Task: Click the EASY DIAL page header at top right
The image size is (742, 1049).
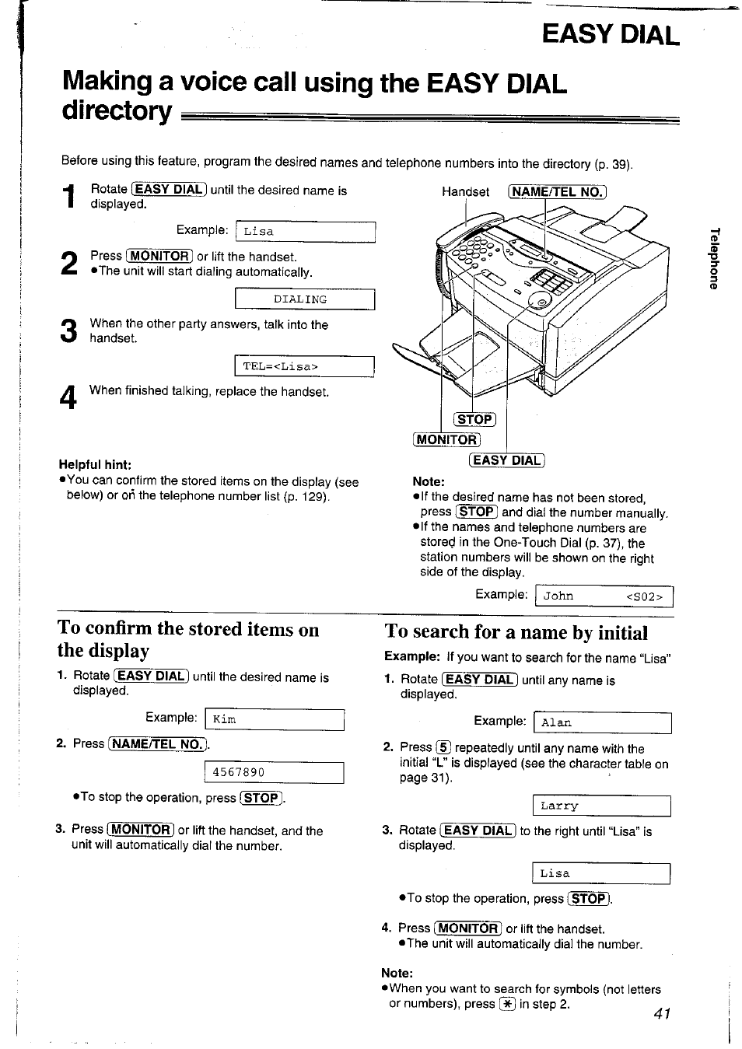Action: click(611, 33)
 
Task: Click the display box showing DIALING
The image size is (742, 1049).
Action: click(304, 299)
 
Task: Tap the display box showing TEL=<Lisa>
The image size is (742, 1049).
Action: click(304, 366)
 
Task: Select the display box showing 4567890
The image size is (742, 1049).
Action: click(273, 773)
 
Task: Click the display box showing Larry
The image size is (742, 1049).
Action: click(601, 806)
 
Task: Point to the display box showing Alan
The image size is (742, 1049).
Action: click(602, 723)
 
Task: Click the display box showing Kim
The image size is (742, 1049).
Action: click(274, 719)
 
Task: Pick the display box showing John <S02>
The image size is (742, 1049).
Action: click(604, 596)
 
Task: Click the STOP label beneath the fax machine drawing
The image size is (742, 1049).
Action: click(474, 420)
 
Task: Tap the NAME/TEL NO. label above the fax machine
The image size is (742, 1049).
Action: click(556, 192)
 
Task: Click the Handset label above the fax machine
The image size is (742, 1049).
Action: click(465, 192)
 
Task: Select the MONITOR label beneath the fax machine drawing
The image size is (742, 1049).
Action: click(446, 439)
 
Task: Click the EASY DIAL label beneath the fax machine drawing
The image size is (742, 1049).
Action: click(506, 460)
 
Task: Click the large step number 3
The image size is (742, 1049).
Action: click(68, 331)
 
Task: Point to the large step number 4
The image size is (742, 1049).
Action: click(68, 397)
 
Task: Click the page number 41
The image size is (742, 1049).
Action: click(662, 1012)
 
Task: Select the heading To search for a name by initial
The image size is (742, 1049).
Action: click(516, 632)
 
